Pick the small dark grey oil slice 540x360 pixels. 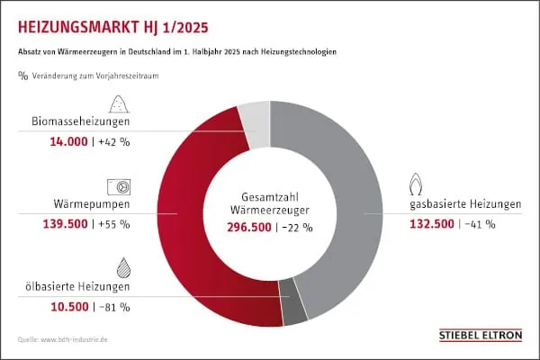[x=293, y=311]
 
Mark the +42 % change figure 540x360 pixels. [x=114, y=142]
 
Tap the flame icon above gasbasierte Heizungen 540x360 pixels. [x=418, y=184]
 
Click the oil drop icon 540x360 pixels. [x=120, y=266]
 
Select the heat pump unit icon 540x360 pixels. [x=119, y=185]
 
